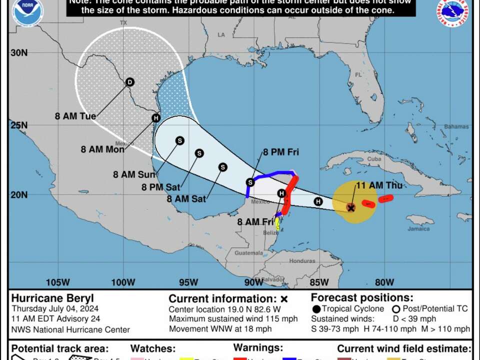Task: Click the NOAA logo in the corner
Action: pyautogui.click(x=27, y=12)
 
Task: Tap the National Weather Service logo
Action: pyautogui.click(x=452, y=12)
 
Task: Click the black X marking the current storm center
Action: pyautogui.click(x=351, y=207)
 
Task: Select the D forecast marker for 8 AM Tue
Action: pyautogui.click(x=130, y=82)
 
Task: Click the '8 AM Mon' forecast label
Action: pyautogui.click(x=103, y=148)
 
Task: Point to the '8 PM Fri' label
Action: pyautogui.click(x=281, y=152)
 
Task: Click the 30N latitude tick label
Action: pyautogui.click(x=19, y=52)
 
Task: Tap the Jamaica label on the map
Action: pyautogui.click(x=419, y=229)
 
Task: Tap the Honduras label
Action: pyautogui.click(x=304, y=261)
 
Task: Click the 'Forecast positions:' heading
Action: pyautogui.click(x=362, y=298)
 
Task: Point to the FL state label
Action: pyautogui.click(x=358, y=74)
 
